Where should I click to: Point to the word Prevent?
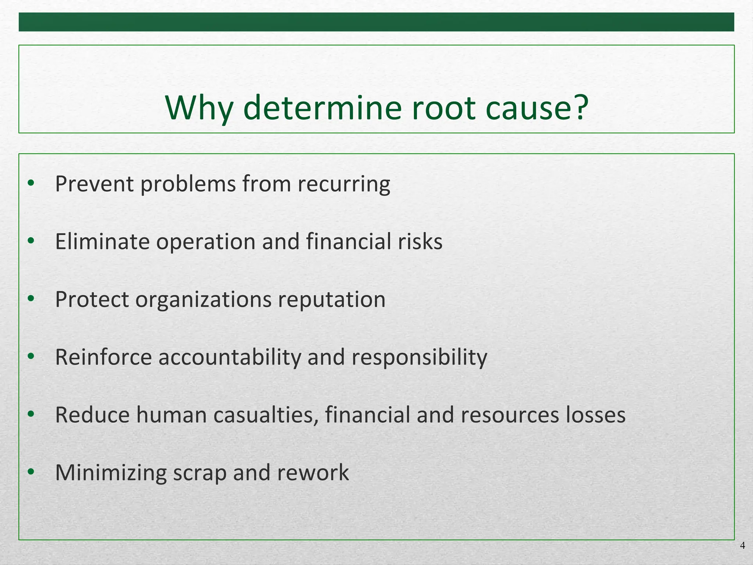tap(94, 184)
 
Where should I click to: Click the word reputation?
tap(332, 299)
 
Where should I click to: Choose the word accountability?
tap(230, 357)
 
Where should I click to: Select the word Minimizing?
tap(111, 473)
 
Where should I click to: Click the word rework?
tap(313, 473)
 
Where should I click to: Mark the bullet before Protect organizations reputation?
tap(31, 298)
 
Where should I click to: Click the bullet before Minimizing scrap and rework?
tap(31, 471)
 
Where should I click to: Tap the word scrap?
tap(200, 473)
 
